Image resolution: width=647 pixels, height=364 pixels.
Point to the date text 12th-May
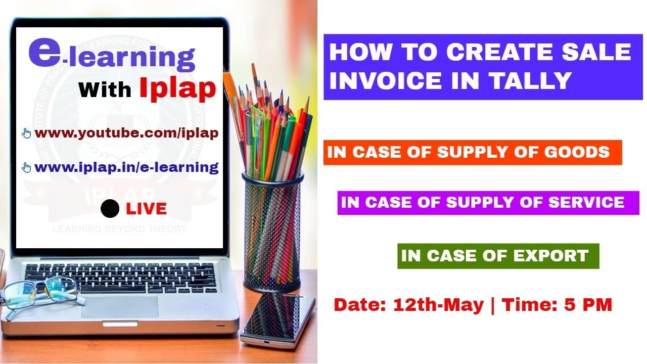click(438, 305)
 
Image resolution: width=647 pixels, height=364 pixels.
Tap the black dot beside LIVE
click(110, 208)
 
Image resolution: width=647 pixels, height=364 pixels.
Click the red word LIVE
click(146, 208)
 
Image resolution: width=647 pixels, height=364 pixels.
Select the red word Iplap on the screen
click(177, 88)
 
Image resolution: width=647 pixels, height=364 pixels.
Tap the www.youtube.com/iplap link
click(126, 133)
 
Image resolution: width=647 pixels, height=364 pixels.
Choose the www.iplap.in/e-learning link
click(126, 167)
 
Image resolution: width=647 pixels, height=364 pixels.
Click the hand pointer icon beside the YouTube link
click(27, 133)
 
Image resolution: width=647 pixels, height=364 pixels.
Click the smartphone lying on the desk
click(277, 318)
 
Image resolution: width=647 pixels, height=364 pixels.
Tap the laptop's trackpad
click(120, 307)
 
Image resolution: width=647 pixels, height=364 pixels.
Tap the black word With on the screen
click(105, 90)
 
